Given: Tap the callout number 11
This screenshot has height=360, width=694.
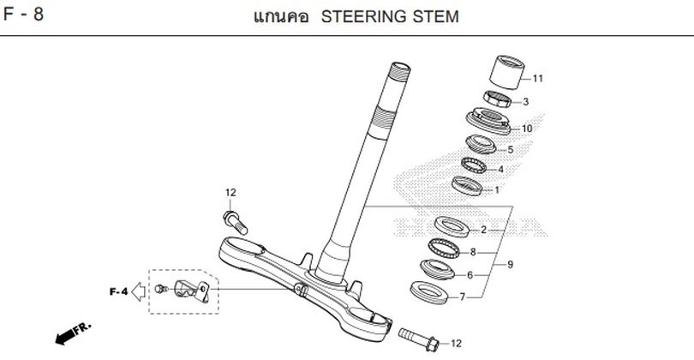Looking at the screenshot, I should [x=538, y=79].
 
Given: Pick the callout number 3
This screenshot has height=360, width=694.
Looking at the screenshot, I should [x=525, y=102].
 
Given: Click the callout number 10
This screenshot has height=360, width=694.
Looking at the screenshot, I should [x=527, y=129].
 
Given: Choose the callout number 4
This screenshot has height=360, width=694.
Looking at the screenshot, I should [x=501, y=169].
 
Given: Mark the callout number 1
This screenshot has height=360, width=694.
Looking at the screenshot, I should [x=496, y=190].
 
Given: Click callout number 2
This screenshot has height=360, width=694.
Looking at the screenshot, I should [x=483, y=230].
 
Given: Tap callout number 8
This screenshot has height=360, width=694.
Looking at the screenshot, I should [x=473, y=253].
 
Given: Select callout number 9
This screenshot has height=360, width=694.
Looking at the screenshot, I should [x=511, y=265].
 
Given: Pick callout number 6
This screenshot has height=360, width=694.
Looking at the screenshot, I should [x=470, y=275].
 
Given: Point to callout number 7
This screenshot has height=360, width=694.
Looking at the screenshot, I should [x=463, y=297].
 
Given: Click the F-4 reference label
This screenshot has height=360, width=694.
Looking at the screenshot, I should [x=118, y=291].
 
